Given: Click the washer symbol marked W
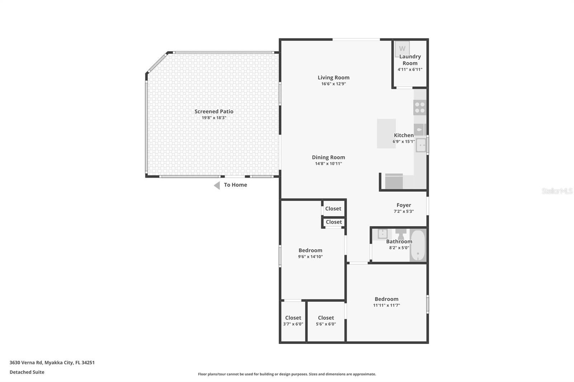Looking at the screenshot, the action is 402,49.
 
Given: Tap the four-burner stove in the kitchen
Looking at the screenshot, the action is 420,107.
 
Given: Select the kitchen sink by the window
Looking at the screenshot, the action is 421,145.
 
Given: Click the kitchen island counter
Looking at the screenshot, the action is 386,133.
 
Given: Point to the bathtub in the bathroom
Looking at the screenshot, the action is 418,245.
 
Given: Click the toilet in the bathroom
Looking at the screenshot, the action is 401,234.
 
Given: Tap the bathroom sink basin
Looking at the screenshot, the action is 382,234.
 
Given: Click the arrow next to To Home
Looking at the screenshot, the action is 217,185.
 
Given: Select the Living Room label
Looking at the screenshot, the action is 333,77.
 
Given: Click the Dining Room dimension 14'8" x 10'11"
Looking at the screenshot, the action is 328,164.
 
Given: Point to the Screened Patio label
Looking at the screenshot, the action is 214,111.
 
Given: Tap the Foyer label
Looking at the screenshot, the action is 404,205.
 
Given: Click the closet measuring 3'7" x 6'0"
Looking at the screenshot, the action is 293,322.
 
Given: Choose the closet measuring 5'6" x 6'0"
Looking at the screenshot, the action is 326,322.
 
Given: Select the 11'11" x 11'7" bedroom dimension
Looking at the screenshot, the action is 386,305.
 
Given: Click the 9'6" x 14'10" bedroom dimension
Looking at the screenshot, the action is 310,257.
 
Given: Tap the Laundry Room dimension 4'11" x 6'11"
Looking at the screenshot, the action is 410,70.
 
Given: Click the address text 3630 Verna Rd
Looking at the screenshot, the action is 26,363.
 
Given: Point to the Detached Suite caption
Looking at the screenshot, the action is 27,372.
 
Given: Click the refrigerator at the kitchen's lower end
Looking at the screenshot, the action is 394,181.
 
